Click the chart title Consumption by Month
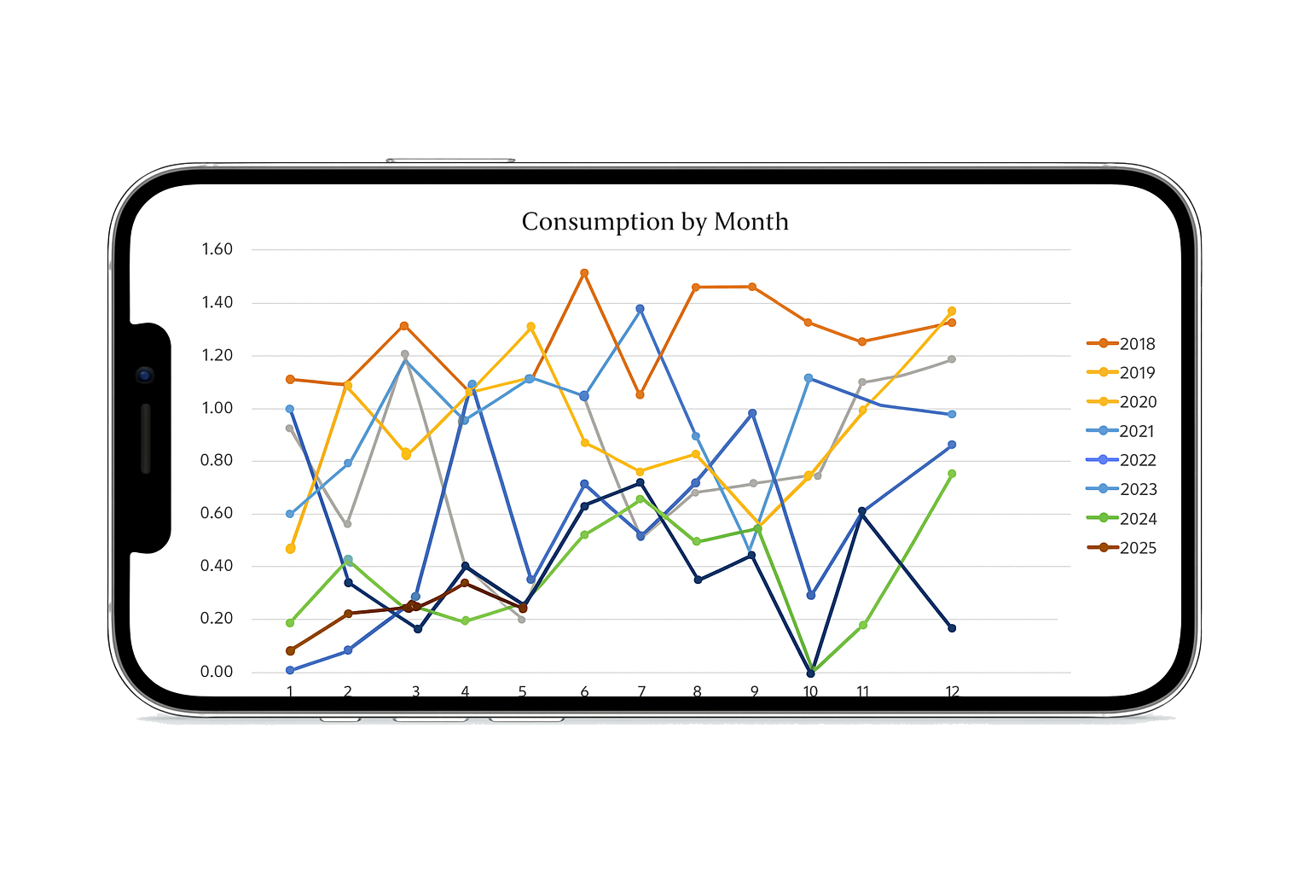click(655, 222)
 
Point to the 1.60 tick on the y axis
click(217, 249)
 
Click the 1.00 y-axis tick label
click(217, 408)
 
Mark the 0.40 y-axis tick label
click(217, 566)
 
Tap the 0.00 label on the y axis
click(217, 672)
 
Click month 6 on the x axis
click(584, 691)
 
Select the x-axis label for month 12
click(952, 691)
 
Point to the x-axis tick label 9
click(754, 691)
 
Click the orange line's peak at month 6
click(584, 273)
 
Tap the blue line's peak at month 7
click(640, 309)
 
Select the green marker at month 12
click(952, 474)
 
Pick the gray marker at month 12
click(952, 359)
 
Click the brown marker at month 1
click(290, 651)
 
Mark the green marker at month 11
click(863, 626)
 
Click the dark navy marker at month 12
click(952, 628)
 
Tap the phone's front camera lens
click(145, 375)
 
